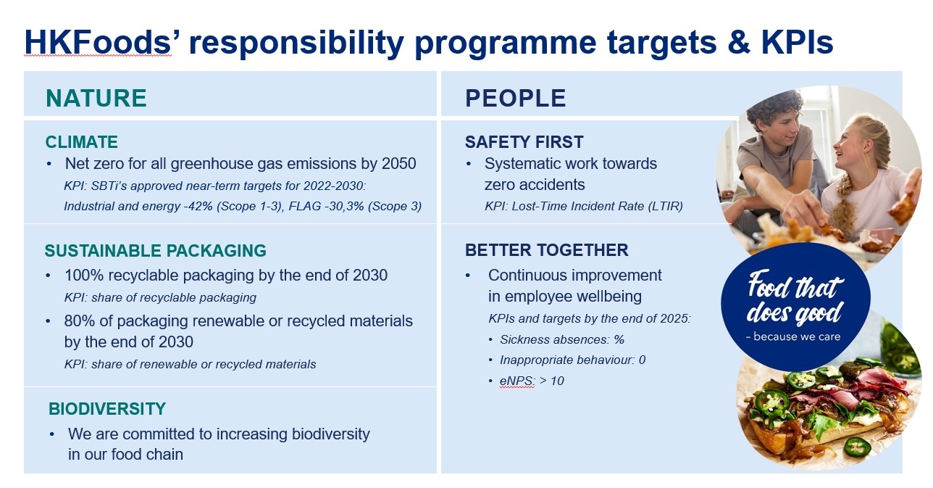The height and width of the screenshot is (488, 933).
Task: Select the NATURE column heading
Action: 96,98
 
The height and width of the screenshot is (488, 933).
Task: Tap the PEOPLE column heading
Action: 515,98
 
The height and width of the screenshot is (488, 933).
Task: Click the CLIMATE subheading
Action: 81,142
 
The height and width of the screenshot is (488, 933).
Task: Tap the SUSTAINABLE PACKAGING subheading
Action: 155,251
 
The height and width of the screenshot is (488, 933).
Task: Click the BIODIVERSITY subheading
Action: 107,409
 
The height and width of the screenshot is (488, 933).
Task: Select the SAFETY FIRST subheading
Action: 524,142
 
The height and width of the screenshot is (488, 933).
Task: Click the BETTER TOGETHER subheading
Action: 546,250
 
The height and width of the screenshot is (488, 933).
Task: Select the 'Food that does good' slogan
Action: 795,298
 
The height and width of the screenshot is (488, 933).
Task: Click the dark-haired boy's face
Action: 781,129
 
